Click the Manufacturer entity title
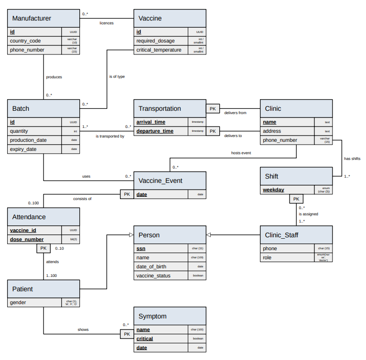pyautogui.click(x=32, y=19)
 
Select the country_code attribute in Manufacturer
pyautogui.click(x=26, y=41)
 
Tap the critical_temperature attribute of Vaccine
pyautogui.click(x=159, y=50)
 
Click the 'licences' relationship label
pyautogui.click(x=106, y=23)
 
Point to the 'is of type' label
pyautogui.click(x=117, y=76)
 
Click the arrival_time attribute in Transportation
pyautogui.click(x=151, y=122)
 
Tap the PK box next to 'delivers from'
pyautogui.click(x=213, y=109)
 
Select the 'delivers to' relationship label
pyautogui.click(x=233, y=136)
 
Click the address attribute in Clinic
pyautogui.click(x=272, y=131)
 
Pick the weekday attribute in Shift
pyautogui.click(x=273, y=190)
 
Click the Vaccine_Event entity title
pyautogui.click(x=160, y=181)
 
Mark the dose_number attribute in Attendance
pyautogui.click(x=27, y=240)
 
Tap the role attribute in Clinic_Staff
pyautogui.click(x=268, y=258)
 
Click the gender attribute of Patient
pyautogui.click(x=19, y=303)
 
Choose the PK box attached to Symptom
pyautogui.click(x=127, y=334)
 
